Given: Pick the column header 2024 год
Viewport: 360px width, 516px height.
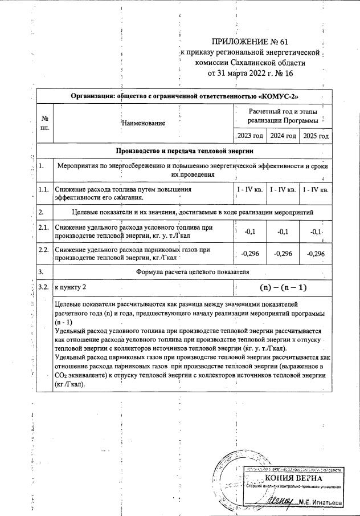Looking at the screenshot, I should (x=284, y=136).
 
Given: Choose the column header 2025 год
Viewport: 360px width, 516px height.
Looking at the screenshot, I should (x=316, y=136).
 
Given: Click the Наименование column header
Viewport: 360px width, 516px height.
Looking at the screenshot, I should (x=144, y=123).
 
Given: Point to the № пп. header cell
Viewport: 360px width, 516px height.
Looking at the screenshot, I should (x=44, y=123).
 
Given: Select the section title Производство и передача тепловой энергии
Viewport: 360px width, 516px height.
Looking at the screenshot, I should (x=185, y=151).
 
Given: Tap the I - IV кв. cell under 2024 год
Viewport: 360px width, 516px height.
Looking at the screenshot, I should (x=283, y=189).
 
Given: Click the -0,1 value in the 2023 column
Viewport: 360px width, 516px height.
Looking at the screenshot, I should (x=249, y=232).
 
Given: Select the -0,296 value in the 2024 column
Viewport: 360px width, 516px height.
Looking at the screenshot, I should (x=283, y=254).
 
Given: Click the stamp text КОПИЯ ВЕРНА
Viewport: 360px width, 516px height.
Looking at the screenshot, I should (x=293, y=477).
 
